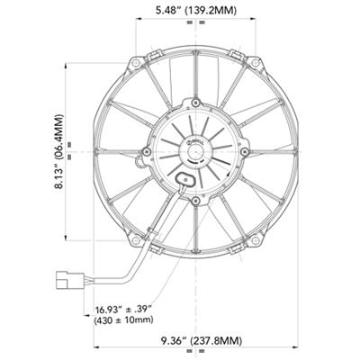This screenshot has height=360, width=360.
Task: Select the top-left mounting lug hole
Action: click(136, 66)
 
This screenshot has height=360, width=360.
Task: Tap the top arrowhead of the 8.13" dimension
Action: click(69, 65)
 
